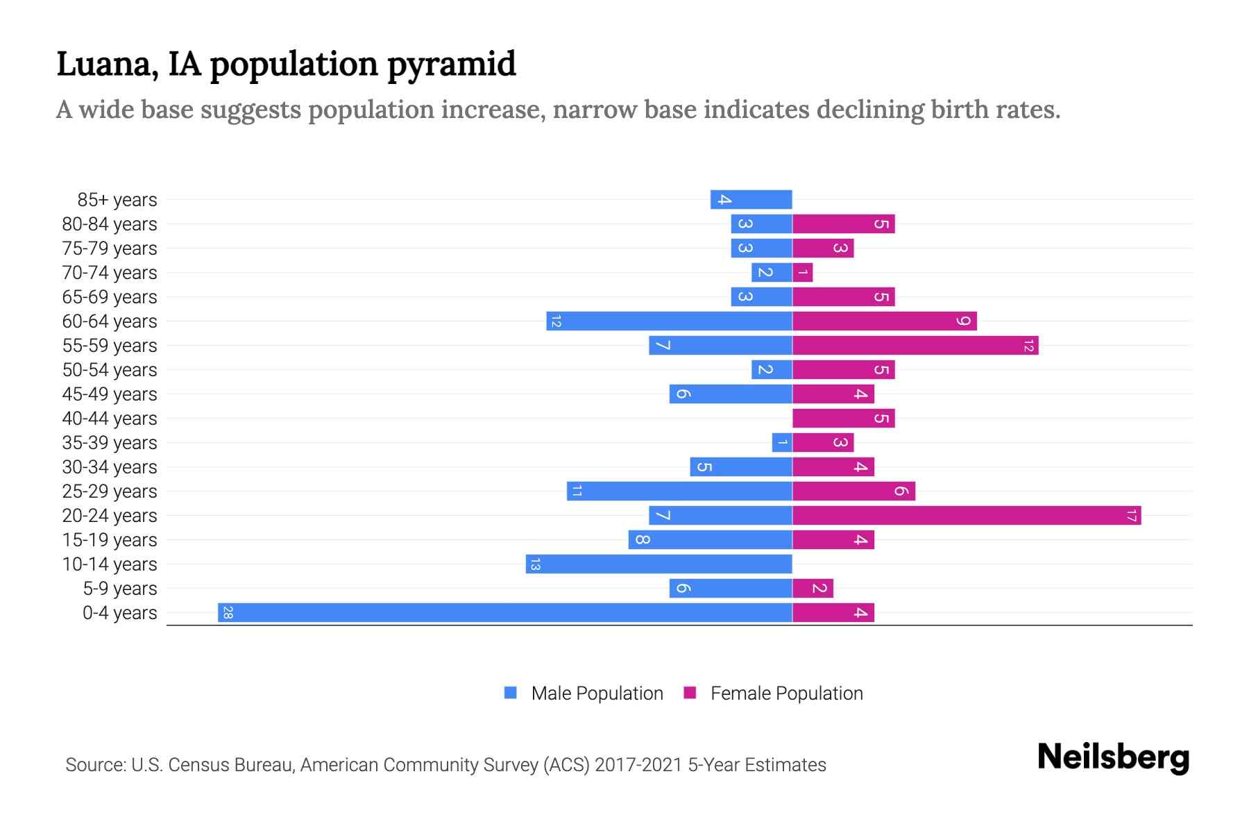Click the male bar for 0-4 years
pyautogui.click(x=505, y=613)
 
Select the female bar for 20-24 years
pyautogui.click(x=966, y=516)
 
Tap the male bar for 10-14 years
pyautogui.click(x=659, y=564)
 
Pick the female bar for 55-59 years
pyautogui.click(x=915, y=346)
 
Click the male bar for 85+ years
pyautogui.click(x=751, y=200)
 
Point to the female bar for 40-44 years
pyautogui.click(x=843, y=419)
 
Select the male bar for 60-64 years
pyautogui.click(x=669, y=321)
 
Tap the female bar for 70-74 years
pyautogui.click(x=802, y=273)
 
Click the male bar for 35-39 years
pyautogui.click(x=782, y=443)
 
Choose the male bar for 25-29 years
pyautogui.click(x=679, y=491)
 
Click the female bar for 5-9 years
pyautogui.click(x=813, y=589)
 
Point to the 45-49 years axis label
pyautogui.click(x=110, y=394)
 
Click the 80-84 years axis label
pyautogui.click(x=110, y=224)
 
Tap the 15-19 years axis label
pyautogui.click(x=110, y=540)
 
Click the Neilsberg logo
pyautogui.click(x=1113, y=757)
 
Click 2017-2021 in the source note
pyautogui.click(x=638, y=765)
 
